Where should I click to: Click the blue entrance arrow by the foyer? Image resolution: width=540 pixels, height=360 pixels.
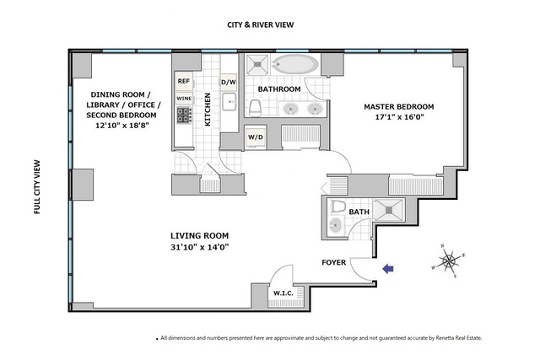(388, 268)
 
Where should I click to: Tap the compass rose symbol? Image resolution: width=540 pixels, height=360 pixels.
(449, 261)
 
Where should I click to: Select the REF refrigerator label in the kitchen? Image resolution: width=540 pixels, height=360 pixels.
(184, 81)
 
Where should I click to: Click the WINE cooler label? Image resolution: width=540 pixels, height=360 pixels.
(184, 99)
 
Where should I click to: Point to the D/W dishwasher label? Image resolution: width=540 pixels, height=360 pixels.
(229, 83)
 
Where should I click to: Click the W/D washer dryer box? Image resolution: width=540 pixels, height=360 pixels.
(256, 137)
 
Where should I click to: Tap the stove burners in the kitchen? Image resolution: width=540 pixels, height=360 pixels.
(184, 115)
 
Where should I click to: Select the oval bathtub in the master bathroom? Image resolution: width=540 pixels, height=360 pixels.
(294, 64)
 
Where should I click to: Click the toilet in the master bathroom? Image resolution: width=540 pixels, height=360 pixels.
(256, 107)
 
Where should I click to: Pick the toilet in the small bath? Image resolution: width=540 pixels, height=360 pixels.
(338, 207)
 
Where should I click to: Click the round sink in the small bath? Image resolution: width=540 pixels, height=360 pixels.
(335, 225)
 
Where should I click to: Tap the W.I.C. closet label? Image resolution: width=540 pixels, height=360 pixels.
(283, 293)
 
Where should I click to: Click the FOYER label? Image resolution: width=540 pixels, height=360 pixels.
(334, 262)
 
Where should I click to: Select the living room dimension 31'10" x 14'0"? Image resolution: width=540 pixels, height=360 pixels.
(200, 247)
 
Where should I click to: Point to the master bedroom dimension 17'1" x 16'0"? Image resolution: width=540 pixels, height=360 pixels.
(399, 116)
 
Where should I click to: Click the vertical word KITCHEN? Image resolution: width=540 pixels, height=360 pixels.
(208, 110)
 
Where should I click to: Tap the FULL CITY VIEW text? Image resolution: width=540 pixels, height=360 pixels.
(37, 187)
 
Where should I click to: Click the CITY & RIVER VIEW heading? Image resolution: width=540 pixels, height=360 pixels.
(261, 24)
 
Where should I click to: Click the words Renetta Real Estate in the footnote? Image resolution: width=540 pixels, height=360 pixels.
(459, 338)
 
